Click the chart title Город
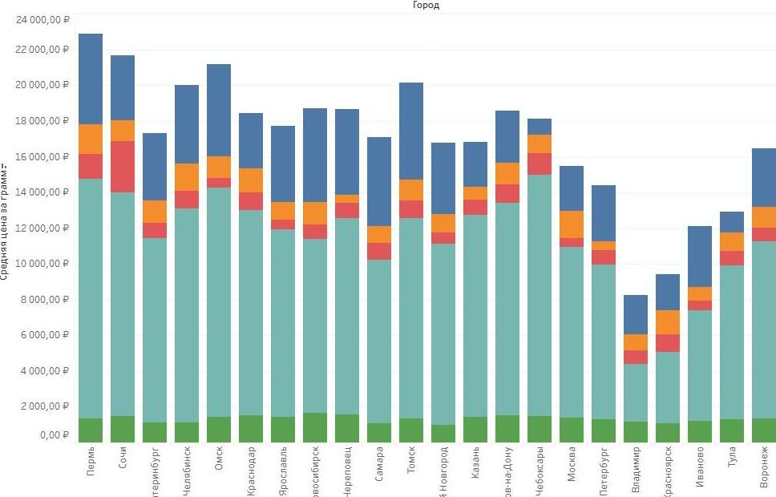pyautogui.click(x=426, y=5)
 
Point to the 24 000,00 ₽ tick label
pyautogui.click(x=42, y=14)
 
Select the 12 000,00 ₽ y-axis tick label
pyautogui.click(x=42, y=228)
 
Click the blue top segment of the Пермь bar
pyautogui.click(x=91, y=79)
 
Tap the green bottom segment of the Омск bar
pyautogui.click(x=219, y=430)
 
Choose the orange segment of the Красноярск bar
pyautogui.click(x=668, y=322)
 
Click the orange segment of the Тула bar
pyautogui.click(x=732, y=241)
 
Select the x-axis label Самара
pyautogui.click(x=379, y=465)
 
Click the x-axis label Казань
pyautogui.click(x=475, y=464)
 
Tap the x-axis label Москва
pyautogui.click(x=572, y=465)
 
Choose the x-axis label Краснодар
pyautogui.click(x=251, y=470)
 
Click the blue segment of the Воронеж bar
pyautogui.click(x=764, y=177)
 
